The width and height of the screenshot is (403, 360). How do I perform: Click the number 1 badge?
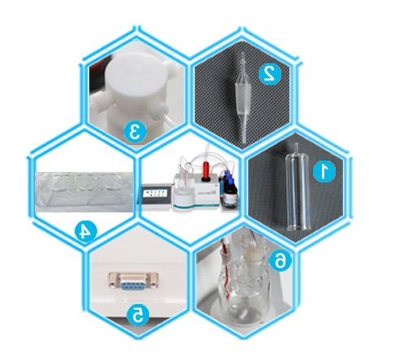coord(324,171)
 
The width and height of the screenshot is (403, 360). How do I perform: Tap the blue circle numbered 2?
coord(270,73)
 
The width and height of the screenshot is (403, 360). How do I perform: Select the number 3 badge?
coord(135,132)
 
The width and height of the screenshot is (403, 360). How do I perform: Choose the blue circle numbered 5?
coord(138,315)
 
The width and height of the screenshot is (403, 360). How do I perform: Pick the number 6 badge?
coord(281,260)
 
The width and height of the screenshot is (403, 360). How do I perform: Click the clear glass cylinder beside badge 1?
coord(297,189)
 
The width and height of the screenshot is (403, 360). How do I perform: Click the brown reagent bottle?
coord(230,193)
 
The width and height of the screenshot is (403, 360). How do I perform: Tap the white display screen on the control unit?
coord(155,194)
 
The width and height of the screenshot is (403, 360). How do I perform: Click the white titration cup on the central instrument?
coord(182,198)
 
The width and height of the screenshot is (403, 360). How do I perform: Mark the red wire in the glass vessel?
coord(226,268)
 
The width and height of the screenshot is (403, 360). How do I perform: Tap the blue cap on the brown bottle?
coord(229,179)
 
